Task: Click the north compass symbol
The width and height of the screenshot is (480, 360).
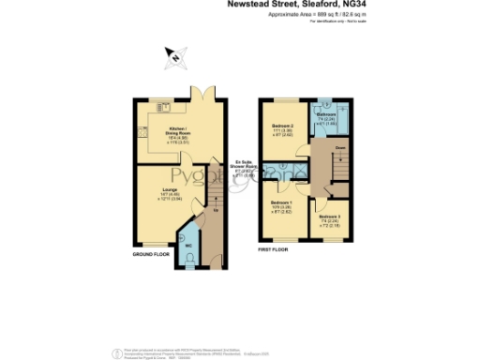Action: pos(173,57)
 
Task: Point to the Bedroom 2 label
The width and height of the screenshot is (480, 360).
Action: pos(283,126)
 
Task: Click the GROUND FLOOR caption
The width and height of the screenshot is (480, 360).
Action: pos(150,253)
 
